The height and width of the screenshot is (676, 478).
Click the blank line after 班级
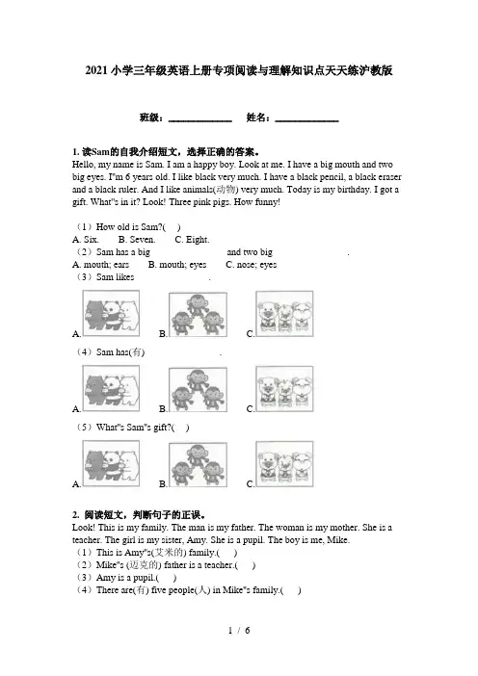pos(200,121)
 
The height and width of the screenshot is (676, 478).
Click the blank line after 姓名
pos(306,121)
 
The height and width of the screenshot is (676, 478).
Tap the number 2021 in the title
pos(96,70)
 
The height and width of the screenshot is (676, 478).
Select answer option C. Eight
pos(192,239)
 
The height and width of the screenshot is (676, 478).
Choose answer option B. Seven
pos(137,239)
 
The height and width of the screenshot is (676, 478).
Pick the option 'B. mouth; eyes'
pos(177,264)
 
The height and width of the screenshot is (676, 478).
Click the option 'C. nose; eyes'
pos(252,264)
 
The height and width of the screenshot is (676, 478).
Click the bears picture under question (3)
pos(111,313)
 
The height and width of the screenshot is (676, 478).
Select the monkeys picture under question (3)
pos(198,315)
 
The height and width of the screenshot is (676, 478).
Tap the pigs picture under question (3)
pos(284,313)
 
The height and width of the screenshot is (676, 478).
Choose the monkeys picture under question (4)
pos(198,390)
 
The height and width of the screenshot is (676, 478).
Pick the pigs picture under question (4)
pos(284,389)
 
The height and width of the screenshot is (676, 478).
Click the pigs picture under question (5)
pos(284,464)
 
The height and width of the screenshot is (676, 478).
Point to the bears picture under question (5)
pos(111,463)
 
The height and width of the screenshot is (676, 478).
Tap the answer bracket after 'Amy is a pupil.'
pos(166,578)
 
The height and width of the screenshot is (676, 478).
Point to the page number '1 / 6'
pos(239,631)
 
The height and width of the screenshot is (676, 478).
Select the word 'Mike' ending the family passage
pos(338,540)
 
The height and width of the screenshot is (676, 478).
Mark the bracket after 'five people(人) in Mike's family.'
pos(291,590)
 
